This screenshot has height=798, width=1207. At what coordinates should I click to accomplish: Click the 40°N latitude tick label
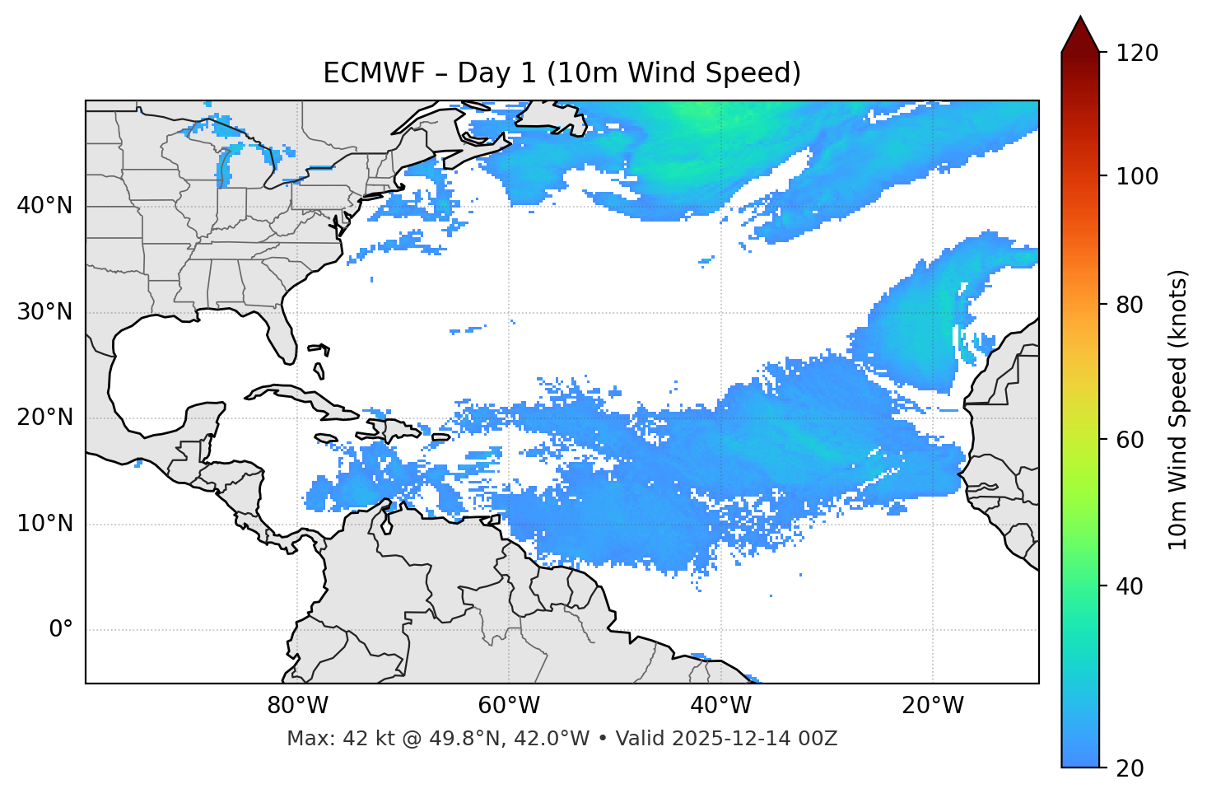pos(44,206)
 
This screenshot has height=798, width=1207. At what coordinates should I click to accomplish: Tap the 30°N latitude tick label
pos(44,312)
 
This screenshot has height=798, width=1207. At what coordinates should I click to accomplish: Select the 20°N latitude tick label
pos(44,418)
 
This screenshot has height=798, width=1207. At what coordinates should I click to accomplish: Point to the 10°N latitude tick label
pos(44,524)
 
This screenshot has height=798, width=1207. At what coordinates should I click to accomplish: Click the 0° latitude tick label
pos(60,630)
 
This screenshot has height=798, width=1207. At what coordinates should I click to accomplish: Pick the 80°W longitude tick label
pos(297,706)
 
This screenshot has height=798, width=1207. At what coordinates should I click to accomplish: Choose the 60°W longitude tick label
pos(509,706)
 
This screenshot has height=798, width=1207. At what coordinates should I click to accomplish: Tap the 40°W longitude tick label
pos(720,706)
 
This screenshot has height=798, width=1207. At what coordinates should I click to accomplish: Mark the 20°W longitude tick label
pos(932,706)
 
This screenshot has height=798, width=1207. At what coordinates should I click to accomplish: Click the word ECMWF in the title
pos(374,73)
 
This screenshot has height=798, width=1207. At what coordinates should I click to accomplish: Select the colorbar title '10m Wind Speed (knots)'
pos(1178,409)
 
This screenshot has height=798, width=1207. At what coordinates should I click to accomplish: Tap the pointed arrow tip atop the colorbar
pos(1080,18)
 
